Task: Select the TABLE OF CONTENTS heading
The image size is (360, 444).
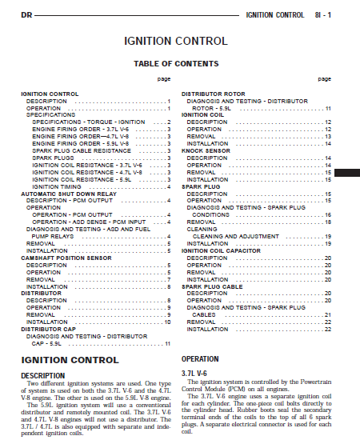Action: [x=175, y=63]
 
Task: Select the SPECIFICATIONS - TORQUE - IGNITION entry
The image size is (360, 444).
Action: [x=89, y=122]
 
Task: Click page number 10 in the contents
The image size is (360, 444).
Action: [x=167, y=322]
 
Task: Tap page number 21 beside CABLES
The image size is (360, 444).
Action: [x=327, y=315]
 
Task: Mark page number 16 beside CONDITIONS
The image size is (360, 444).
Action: [x=327, y=215]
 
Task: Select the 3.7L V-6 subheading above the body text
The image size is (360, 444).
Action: [x=194, y=374]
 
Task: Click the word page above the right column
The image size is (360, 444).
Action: [x=324, y=78]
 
